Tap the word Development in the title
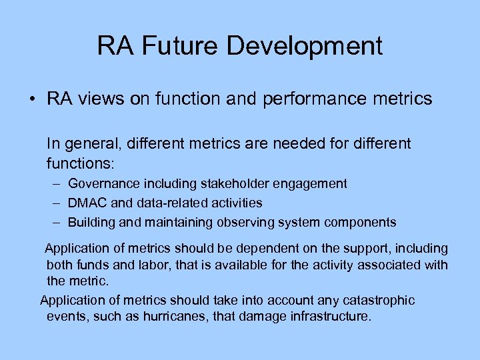tap(305, 47)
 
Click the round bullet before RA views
tap(32, 100)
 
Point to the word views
tap(98, 100)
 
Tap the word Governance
tap(103, 183)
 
